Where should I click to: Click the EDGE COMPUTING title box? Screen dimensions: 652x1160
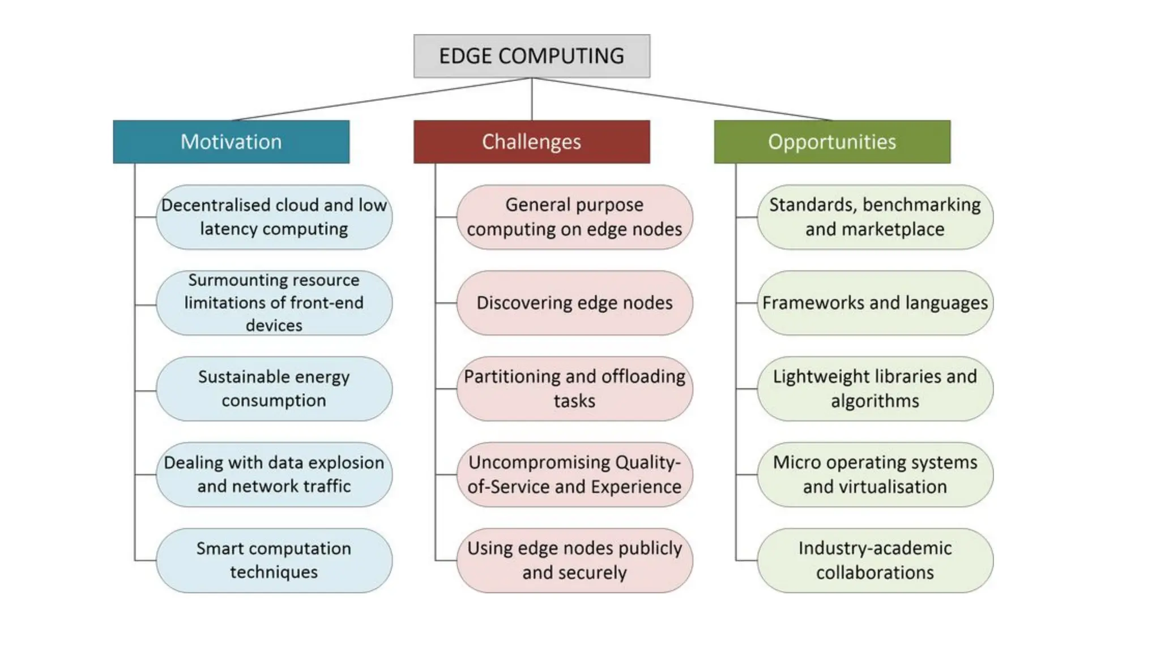(531, 56)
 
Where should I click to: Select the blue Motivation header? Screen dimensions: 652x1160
(231, 141)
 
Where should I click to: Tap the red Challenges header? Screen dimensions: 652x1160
(531, 141)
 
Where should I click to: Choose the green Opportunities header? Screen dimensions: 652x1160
(831, 141)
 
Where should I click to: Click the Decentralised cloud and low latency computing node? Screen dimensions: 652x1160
(274, 217)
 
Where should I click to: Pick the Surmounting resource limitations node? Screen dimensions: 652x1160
(274, 303)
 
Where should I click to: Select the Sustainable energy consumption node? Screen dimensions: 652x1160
(274, 389)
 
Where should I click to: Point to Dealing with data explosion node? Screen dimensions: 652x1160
(274, 474)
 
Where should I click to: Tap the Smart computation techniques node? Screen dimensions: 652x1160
(274, 560)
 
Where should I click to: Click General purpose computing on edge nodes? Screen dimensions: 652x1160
(574, 217)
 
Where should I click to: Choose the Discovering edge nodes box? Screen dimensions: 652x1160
(574, 303)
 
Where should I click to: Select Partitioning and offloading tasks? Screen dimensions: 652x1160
(574, 389)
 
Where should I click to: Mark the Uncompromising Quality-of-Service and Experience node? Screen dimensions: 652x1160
(574, 474)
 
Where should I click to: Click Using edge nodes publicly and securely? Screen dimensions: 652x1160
(574, 560)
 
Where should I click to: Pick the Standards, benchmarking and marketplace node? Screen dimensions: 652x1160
(875, 217)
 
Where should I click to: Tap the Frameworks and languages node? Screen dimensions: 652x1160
(875, 303)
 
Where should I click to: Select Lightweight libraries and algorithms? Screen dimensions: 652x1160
(875, 389)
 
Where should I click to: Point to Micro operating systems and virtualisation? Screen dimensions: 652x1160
(875, 474)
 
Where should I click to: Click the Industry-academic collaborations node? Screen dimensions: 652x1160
(875, 560)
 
